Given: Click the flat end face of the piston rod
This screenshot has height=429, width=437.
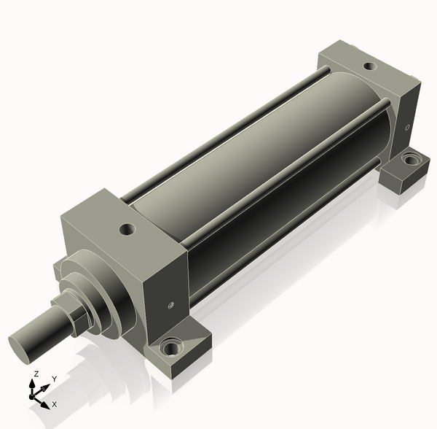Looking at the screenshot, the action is click(x=19, y=349).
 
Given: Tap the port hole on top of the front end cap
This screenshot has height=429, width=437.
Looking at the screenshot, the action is click(x=127, y=229).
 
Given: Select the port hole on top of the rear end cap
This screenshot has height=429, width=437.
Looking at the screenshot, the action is click(x=371, y=66).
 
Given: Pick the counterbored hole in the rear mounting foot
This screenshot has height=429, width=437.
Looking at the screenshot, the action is click(x=409, y=160).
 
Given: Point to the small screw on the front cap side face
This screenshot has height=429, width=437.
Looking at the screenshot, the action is click(x=171, y=305).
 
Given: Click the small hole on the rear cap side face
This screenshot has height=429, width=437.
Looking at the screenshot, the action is click(x=407, y=128).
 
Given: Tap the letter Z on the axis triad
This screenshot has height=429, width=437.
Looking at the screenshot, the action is click(x=36, y=374).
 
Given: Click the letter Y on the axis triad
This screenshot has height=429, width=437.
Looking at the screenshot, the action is click(x=55, y=379).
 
